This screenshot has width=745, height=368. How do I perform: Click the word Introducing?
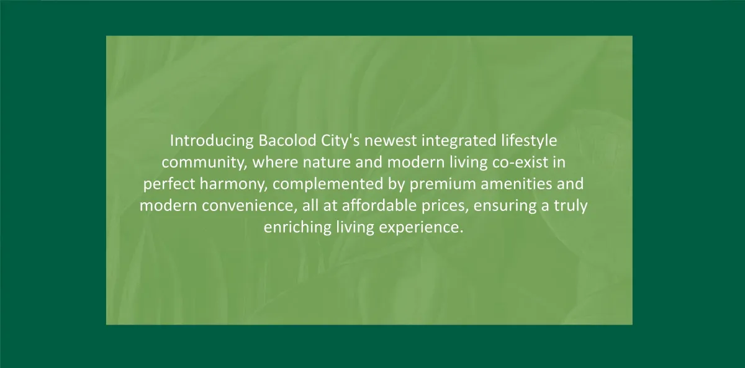point(212,141)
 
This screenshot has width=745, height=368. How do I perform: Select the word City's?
point(340,141)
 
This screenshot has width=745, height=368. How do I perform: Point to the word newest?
point(391,141)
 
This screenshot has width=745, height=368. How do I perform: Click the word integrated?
point(459,141)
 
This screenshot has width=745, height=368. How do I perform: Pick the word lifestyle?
point(529,141)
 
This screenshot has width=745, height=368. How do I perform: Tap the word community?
point(204,163)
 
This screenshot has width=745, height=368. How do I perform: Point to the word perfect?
point(169,184)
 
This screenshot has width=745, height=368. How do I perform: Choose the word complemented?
point(328,184)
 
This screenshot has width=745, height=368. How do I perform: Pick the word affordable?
point(379,205)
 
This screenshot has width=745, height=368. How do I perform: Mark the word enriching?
point(297,228)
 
